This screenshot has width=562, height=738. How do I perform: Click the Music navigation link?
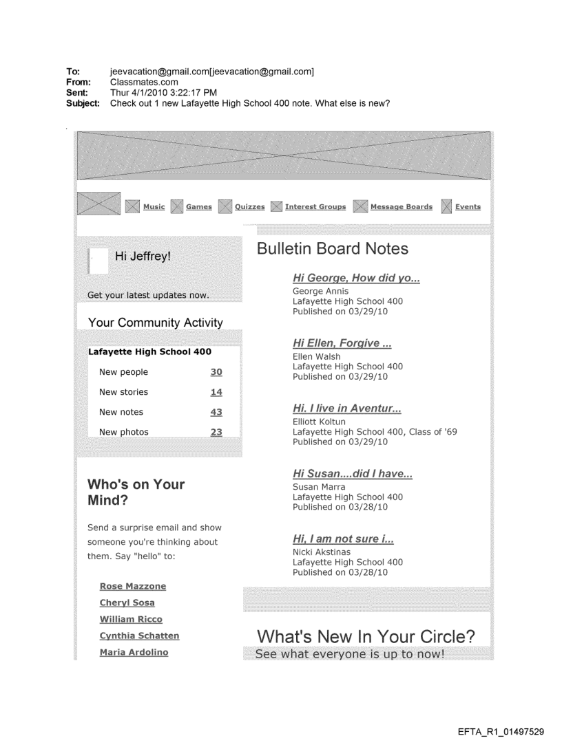(x=154, y=207)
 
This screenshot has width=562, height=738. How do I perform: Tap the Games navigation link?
(x=199, y=207)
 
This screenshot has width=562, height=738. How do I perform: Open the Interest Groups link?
(x=315, y=207)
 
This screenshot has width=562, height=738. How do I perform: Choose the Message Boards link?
(x=402, y=207)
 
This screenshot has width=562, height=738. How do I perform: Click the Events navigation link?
(x=468, y=207)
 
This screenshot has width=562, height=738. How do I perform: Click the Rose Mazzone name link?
(x=133, y=587)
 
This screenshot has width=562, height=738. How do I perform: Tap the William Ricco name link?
(x=131, y=620)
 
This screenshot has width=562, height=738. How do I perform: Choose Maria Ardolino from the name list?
(x=134, y=652)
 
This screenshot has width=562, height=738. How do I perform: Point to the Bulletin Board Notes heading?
(x=332, y=249)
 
